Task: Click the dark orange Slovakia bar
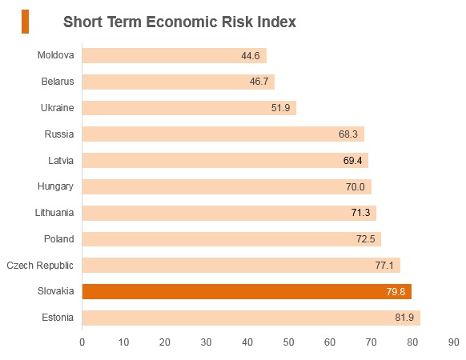point(247,291)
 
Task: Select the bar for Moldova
point(175,55)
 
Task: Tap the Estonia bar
point(251,318)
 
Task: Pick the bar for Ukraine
point(189,107)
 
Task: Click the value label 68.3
point(348,134)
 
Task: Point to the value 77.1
point(384,265)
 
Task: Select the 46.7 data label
point(259,82)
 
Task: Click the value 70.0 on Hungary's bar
point(356,187)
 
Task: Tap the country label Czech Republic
point(40,266)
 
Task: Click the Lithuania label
point(54,213)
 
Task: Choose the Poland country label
point(58,239)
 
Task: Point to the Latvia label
point(61,161)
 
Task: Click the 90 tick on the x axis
point(453,342)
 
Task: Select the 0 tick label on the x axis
point(82,342)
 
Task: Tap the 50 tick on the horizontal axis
point(288,342)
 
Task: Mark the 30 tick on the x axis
point(206,342)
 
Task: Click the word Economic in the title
point(182,22)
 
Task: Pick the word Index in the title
point(277,22)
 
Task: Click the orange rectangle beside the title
point(26,22)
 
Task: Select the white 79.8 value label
point(396,291)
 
